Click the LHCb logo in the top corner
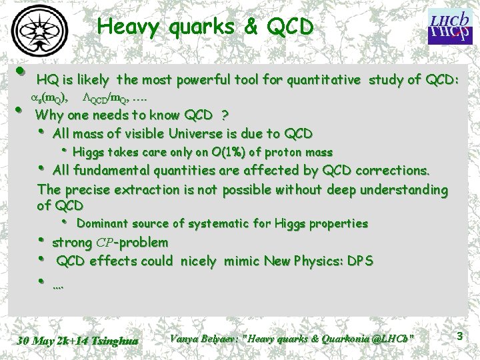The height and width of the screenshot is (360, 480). coord(446,26)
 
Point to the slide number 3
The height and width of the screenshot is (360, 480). coord(459,337)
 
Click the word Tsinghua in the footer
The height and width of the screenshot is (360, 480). coord(117,341)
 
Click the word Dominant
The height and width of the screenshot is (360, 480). coord(104,223)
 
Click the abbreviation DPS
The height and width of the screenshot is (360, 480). coord(359,261)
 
